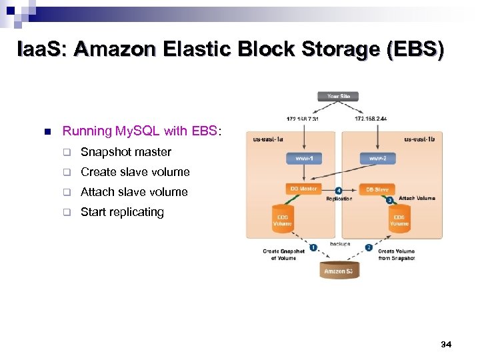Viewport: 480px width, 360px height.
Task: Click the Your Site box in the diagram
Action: coord(339,97)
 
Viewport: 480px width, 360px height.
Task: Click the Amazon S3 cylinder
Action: coord(339,270)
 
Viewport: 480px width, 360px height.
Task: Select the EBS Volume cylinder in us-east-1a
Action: coord(283,219)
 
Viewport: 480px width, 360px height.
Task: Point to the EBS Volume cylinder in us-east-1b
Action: coord(399,219)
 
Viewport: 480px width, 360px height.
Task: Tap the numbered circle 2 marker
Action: coord(369,247)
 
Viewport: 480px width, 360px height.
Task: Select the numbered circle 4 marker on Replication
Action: coord(339,190)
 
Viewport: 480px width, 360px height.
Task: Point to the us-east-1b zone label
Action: coord(419,140)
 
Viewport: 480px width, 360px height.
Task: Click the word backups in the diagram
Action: coord(340,244)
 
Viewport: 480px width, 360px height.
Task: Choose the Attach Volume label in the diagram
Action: coord(417,199)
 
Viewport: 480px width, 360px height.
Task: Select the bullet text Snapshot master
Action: coord(125,152)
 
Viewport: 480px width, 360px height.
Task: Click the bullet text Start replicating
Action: coord(122,212)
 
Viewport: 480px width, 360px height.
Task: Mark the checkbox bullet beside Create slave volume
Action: coord(67,172)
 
